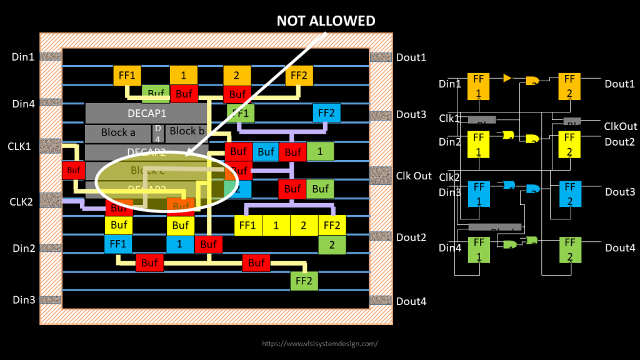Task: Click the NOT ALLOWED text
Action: pyautogui.click(x=326, y=21)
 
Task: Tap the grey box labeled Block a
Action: pyautogui.click(x=118, y=132)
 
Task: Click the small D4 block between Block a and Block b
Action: pyautogui.click(x=158, y=132)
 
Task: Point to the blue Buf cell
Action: pyautogui.click(x=266, y=151)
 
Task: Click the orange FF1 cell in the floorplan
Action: pyautogui.click(x=127, y=76)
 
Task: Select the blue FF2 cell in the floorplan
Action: pyautogui.click(x=327, y=113)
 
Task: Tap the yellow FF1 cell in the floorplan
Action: pyautogui.click(x=248, y=225)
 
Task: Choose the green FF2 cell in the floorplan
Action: pyautogui.click(x=304, y=281)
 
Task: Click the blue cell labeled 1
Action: pyautogui.click(x=180, y=244)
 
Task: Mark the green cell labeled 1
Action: pyautogui.click(x=320, y=151)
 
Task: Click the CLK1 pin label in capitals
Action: pyautogui.click(x=19, y=146)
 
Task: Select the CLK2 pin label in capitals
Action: pyautogui.click(x=21, y=201)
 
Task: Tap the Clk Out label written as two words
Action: pyautogui.click(x=414, y=176)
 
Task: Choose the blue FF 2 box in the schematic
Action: pyautogui.click(x=569, y=194)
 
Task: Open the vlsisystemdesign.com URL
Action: pyautogui.click(x=320, y=344)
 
